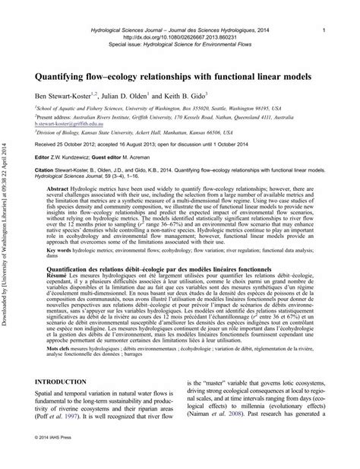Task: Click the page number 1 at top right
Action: point(324,30)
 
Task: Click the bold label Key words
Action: point(60,249)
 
